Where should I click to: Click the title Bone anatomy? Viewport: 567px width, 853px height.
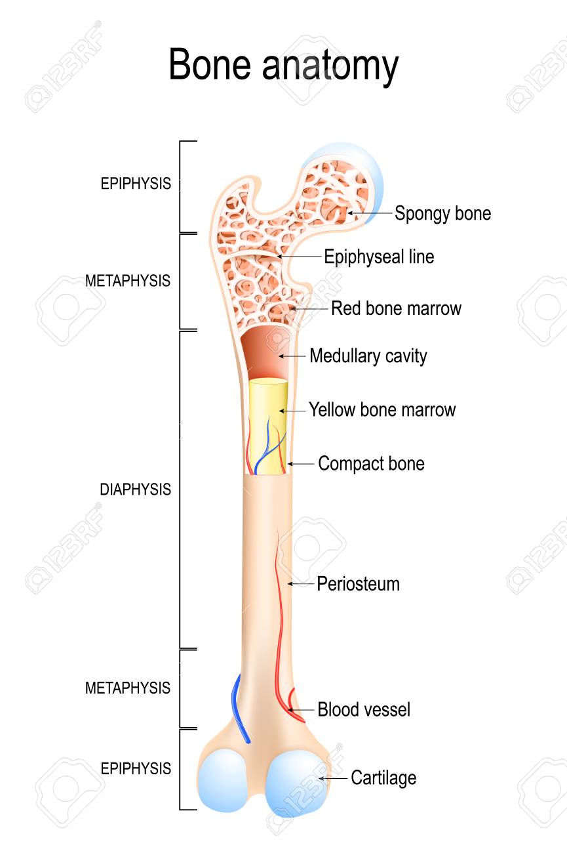[283, 65]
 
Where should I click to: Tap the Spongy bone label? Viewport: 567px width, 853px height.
[442, 213]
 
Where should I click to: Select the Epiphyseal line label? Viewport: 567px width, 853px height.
[379, 257]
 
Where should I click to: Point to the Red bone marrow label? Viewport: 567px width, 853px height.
[396, 308]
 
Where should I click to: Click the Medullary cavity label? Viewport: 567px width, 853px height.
[368, 356]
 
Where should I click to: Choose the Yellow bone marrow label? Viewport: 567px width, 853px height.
[382, 409]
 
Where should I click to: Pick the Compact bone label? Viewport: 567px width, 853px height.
[371, 463]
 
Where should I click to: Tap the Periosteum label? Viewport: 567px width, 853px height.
[358, 584]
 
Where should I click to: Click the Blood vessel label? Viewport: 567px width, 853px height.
[364, 710]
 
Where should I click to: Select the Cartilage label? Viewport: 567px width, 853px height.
[383, 778]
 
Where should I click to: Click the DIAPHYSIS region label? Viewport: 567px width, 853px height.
[136, 489]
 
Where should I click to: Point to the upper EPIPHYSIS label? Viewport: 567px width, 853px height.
[136, 184]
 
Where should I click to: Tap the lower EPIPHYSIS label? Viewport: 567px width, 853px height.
[136, 768]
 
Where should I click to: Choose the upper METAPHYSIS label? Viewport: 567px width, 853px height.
[128, 281]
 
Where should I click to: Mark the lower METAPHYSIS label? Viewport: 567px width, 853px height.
[128, 688]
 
